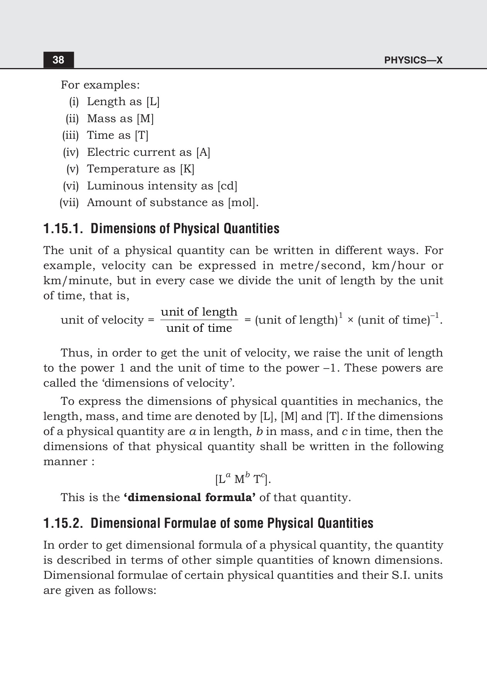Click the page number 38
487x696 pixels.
tap(58, 60)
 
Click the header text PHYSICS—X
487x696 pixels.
tap(413, 60)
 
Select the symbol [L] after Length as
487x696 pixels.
tap(153, 102)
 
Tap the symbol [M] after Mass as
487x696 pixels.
tap(145, 119)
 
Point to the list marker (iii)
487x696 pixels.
tap(70, 135)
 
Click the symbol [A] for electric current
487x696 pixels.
tap(203, 152)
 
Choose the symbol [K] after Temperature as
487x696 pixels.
tap(187, 169)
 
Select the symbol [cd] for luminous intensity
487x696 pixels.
tap(227, 186)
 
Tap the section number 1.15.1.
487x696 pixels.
tap(63, 229)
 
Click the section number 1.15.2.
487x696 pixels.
tap(63, 523)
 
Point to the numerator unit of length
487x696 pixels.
tap(199, 312)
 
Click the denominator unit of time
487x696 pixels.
tap(199, 328)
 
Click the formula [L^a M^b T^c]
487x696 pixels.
tap(243, 479)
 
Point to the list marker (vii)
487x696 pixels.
tap(69, 203)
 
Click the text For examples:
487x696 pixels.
tap(100, 85)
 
